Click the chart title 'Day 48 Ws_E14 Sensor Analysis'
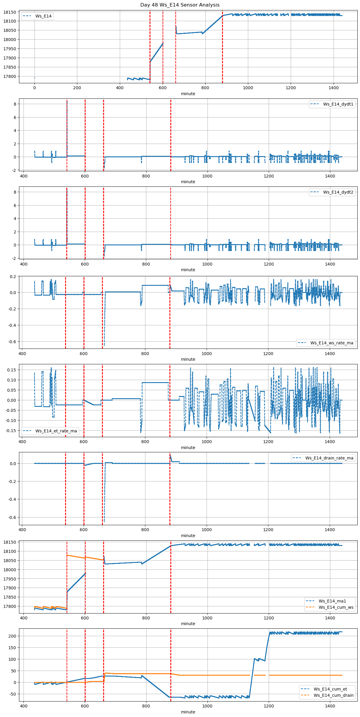tap(180, 5)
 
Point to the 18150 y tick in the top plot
tap(10, 12)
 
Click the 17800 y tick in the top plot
tap(10, 76)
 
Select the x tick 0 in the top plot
tap(34, 88)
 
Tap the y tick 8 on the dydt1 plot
tap(15, 104)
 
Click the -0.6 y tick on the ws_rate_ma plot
tap(12, 342)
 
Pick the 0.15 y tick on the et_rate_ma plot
tap(12, 370)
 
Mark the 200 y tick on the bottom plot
tap(12, 636)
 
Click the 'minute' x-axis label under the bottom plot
tap(188, 712)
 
